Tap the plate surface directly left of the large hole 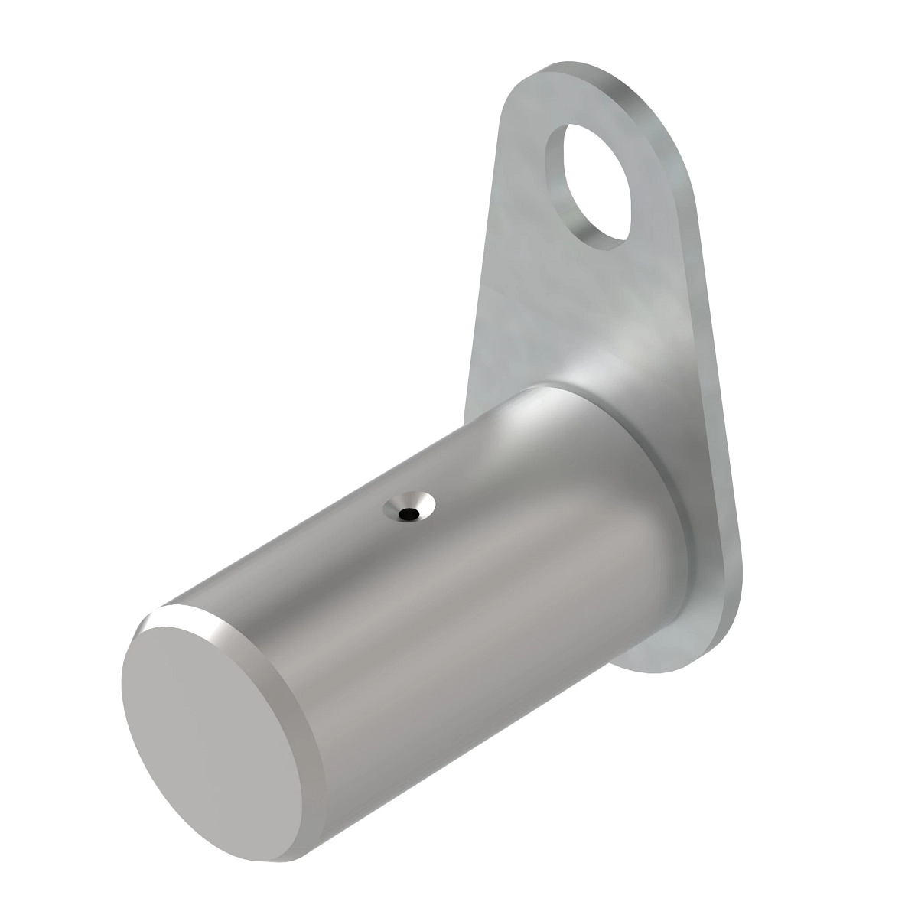pyautogui.click(x=520, y=184)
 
